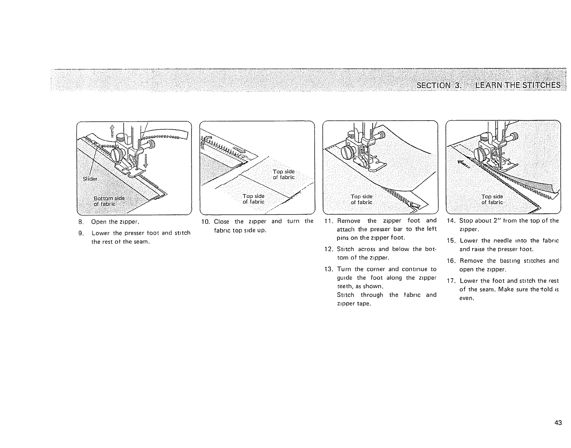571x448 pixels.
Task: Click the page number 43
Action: pyautogui.click(x=558, y=423)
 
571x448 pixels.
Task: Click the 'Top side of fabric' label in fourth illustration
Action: pyautogui.click(x=492, y=199)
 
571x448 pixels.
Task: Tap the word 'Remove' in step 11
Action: pyautogui.click(x=348, y=221)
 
